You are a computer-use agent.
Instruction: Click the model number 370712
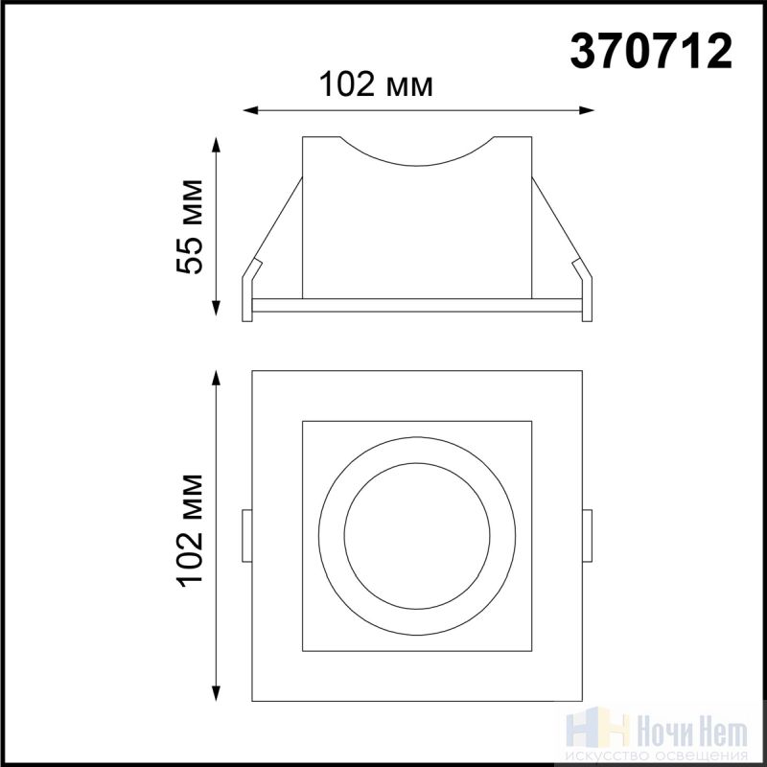(x=651, y=52)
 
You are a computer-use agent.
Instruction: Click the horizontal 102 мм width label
(x=376, y=84)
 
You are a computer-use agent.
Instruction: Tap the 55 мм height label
(x=190, y=226)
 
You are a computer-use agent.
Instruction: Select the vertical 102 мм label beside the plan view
(x=190, y=530)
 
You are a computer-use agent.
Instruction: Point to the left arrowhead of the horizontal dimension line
(x=250, y=110)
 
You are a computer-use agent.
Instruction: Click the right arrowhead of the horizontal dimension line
(x=587, y=110)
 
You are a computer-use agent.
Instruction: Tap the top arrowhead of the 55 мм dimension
(x=216, y=145)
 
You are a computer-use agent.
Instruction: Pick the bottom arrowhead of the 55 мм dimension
(x=216, y=308)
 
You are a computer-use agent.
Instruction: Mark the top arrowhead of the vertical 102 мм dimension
(x=216, y=378)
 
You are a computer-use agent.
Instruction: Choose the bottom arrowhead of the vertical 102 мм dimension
(x=216, y=693)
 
